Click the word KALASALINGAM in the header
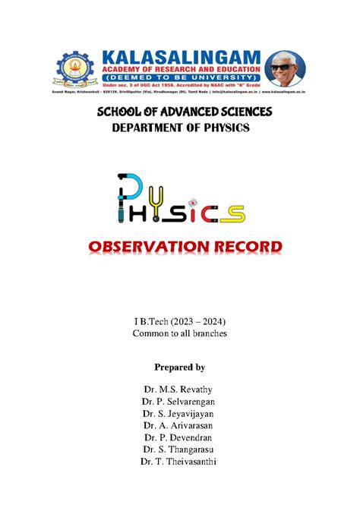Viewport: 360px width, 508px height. pos(177,58)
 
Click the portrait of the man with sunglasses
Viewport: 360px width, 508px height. pos(286,70)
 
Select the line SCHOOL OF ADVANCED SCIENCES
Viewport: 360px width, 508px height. pos(180,112)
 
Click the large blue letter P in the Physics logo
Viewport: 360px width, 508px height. pos(128,191)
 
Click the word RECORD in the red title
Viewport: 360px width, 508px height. pos(242,247)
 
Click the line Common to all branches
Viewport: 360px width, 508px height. pos(180,333)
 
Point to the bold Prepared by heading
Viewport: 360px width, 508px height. pos(180,368)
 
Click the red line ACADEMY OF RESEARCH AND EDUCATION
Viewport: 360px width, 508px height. pos(177,71)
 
